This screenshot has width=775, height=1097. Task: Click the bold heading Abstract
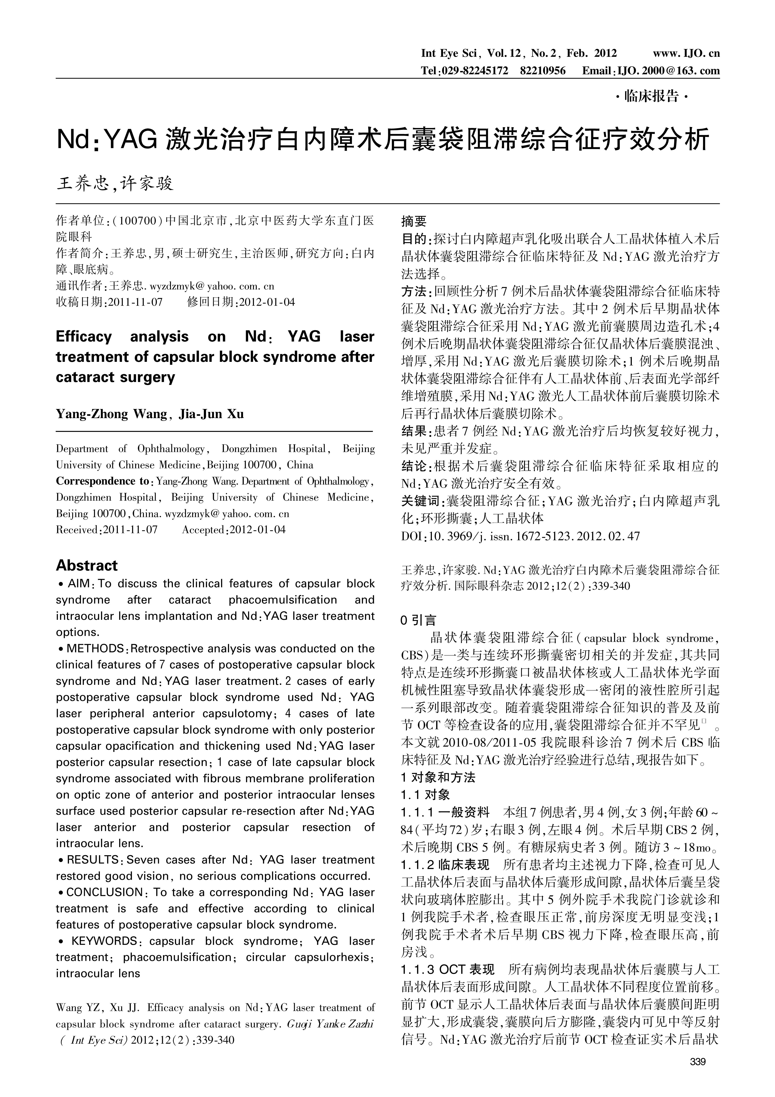pyautogui.click(x=86, y=566)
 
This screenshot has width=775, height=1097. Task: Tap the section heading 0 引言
pyautogui.click(x=418, y=621)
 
